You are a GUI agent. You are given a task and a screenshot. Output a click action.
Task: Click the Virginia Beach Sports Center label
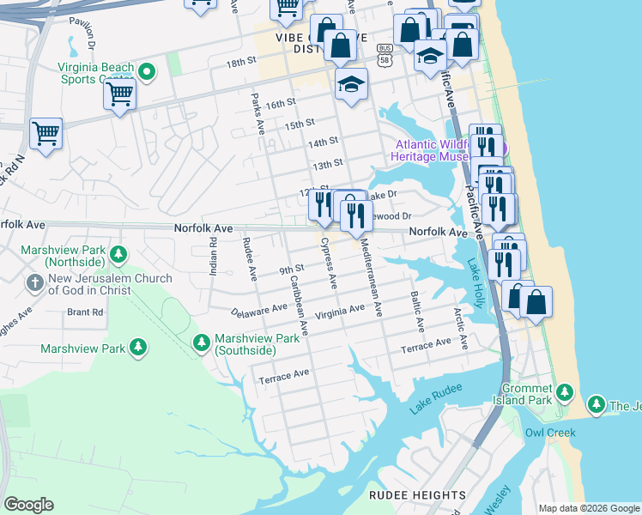coord(95,74)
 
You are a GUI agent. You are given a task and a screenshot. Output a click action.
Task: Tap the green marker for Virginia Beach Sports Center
coord(147,72)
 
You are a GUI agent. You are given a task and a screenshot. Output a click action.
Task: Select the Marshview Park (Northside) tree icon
coord(118,255)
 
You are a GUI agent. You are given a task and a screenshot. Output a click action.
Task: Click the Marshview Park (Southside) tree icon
coord(202,343)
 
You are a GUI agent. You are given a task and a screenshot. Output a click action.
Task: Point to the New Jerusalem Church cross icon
coord(35,282)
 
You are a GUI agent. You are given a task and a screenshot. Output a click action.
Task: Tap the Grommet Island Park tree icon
coord(564,393)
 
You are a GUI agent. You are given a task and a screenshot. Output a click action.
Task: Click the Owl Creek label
coord(550,433)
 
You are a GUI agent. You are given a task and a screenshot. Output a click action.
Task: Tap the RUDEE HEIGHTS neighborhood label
coord(417,495)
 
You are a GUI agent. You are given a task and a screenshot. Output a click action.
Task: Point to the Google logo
coord(28,505)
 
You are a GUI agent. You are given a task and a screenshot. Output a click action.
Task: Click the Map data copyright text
coord(589,508)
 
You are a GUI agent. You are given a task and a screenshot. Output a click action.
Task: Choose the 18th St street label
coord(241,63)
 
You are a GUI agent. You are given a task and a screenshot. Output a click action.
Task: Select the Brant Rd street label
coord(84,312)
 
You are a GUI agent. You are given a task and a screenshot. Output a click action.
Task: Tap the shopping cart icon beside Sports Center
coord(120,94)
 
